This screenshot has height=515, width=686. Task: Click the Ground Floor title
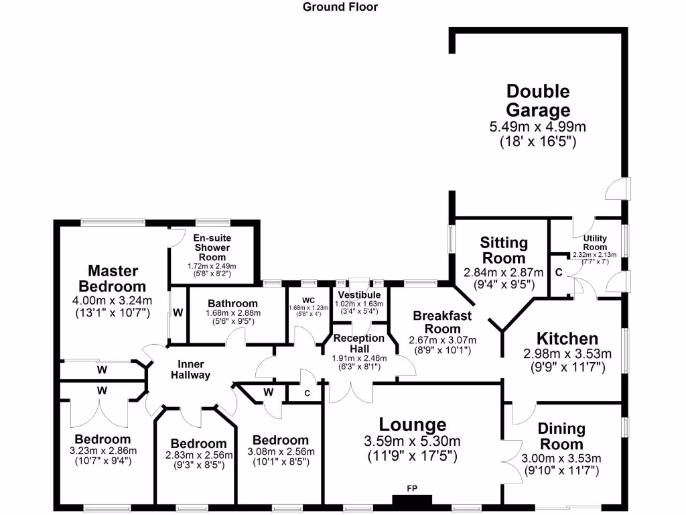pos(340,7)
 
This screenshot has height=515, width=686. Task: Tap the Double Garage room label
pos(538,101)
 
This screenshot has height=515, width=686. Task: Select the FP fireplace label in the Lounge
pos(412,488)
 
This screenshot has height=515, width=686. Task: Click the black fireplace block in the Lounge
pos(412,500)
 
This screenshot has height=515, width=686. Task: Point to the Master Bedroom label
pos(113,278)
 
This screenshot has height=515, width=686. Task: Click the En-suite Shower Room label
pos(212,247)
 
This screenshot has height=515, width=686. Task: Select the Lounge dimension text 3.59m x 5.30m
pos(412,441)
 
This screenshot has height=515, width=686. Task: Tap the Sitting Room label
pos(504,250)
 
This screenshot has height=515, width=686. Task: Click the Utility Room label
pos(595,242)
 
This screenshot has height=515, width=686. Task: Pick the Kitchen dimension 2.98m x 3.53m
pos(567,354)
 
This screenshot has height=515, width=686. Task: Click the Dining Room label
pos(561,436)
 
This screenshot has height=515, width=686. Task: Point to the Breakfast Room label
pos(442,322)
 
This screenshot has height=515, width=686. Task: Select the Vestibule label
pos(359,295)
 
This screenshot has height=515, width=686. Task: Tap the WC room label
pos(308,300)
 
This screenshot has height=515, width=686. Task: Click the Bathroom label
pos(232,304)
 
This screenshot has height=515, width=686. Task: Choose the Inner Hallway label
pos(190,369)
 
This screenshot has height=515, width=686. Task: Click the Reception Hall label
pos(359,343)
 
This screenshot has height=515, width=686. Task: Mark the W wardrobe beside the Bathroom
pos(178,312)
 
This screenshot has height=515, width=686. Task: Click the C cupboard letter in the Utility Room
pos(559,272)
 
